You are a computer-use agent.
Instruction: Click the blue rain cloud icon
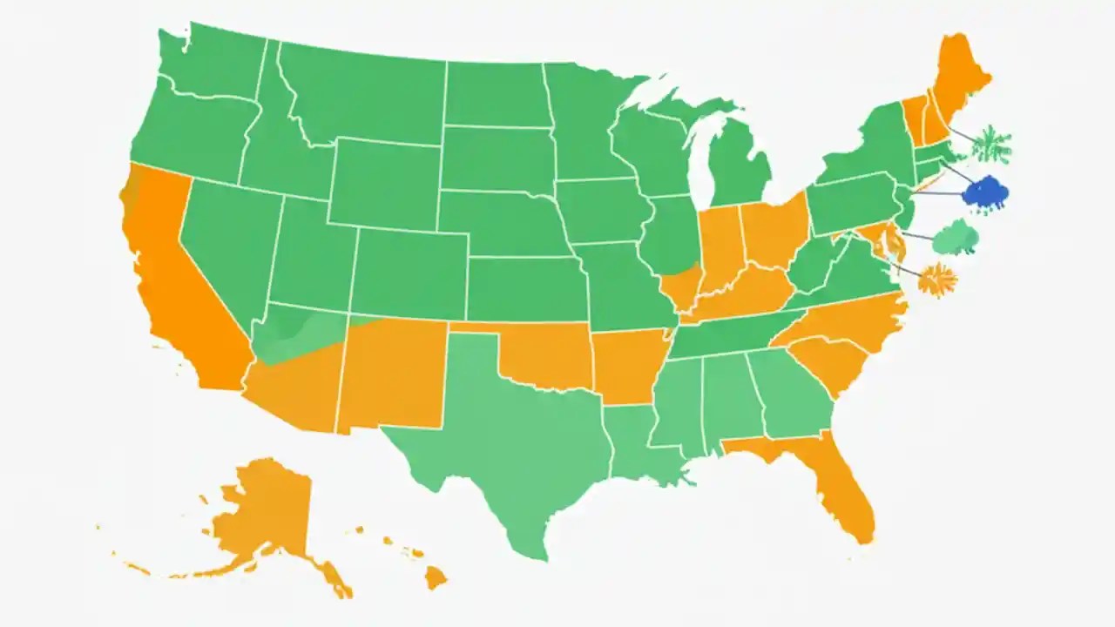[985, 194]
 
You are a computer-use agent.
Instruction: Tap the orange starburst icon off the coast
[937, 280]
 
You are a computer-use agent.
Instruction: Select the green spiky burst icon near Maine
[991, 145]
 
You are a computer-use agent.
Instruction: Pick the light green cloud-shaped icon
[955, 238]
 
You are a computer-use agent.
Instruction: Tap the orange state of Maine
[958, 78]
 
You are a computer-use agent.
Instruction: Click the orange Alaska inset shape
[261, 514]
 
